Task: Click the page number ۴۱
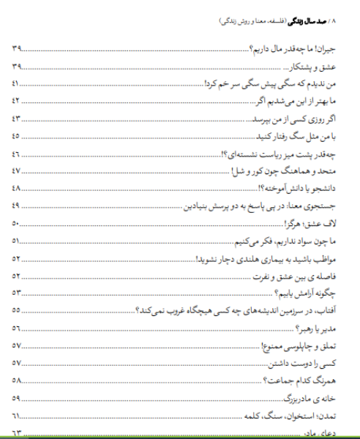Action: coord(17,84)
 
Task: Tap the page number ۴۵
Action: coord(17,136)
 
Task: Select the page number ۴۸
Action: coord(17,188)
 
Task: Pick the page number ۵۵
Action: coord(17,309)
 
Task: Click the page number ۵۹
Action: coord(17,398)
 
